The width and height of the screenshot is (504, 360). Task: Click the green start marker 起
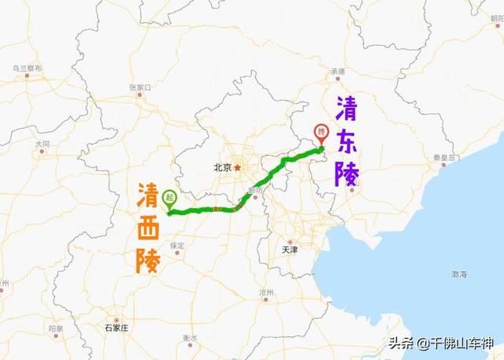click(169, 199)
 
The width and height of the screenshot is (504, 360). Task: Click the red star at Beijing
click(236, 167)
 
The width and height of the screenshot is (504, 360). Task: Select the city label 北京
click(221, 167)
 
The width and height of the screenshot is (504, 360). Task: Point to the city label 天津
click(290, 250)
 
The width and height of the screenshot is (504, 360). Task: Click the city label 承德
click(338, 72)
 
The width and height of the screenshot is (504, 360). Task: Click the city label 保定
click(176, 246)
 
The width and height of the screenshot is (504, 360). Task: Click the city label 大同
click(43, 144)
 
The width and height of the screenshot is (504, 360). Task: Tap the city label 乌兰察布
click(26, 69)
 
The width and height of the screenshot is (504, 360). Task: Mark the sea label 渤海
click(459, 273)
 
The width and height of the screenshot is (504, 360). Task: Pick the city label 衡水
click(190, 338)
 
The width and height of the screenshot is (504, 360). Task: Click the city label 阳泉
click(55, 328)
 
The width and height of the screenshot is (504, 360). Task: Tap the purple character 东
click(346, 139)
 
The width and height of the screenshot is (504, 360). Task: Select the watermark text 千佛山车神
click(460, 343)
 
